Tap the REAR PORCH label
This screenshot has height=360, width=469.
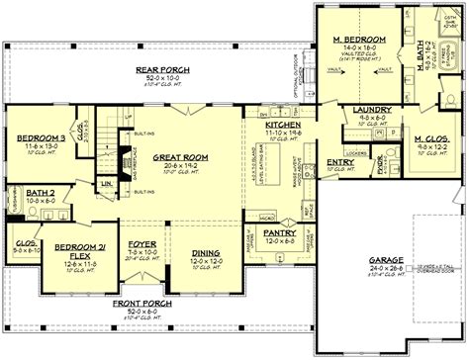(155, 68)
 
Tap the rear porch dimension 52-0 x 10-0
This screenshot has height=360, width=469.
(155, 76)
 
